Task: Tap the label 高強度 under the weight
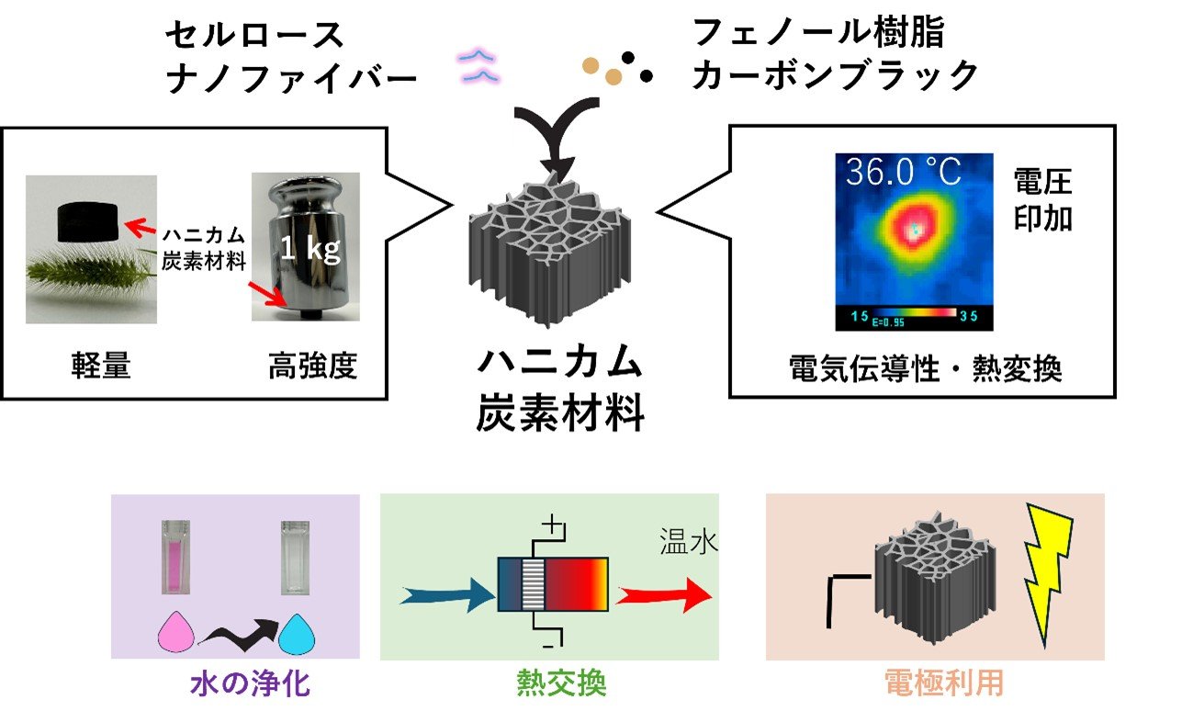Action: coord(311,367)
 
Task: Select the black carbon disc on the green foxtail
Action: coord(90,221)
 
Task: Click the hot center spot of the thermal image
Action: coord(913,231)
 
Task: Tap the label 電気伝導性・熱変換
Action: coord(925,368)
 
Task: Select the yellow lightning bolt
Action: coord(1044,573)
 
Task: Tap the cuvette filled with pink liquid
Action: coord(171,558)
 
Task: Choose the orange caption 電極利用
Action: coord(943,684)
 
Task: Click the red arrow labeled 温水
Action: coord(662,594)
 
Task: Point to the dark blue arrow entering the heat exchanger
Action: coord(448,595)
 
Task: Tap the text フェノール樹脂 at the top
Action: coord(817,34)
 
